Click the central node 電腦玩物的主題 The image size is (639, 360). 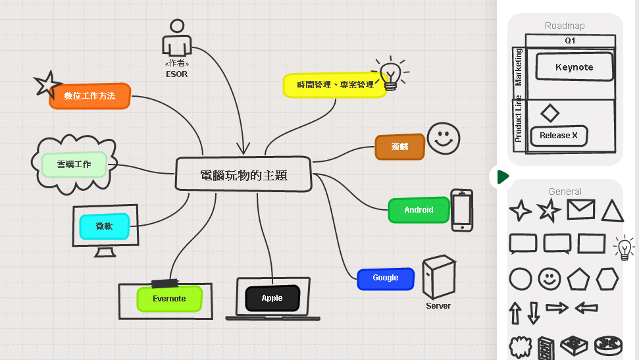243,175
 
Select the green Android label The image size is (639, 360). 419,210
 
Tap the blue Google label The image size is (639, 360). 386,278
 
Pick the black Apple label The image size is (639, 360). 272,298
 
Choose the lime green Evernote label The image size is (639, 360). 169,299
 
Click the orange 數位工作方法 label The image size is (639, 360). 89,96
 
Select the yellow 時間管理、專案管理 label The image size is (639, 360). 335,85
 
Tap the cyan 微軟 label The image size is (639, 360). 105,226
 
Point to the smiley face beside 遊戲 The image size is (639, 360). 444,138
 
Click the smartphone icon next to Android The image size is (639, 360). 461,211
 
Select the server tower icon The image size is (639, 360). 439,277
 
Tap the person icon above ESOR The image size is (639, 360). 176,39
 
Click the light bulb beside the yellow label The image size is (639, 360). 391,73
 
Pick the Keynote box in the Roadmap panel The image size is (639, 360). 574,67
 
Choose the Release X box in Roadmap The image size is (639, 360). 558,136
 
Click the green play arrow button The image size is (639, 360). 503,176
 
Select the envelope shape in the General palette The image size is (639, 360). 580,210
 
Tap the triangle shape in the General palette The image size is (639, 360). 612,211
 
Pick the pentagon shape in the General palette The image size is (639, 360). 578,278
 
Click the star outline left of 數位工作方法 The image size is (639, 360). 47,84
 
